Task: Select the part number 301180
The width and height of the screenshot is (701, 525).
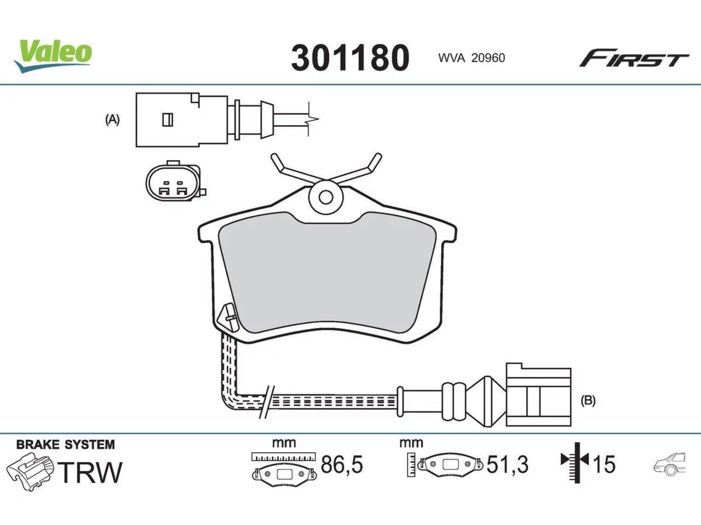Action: click(350, 58)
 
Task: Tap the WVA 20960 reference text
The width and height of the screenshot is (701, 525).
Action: click(472, 58)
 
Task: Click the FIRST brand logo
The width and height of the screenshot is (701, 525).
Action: click(634, 58)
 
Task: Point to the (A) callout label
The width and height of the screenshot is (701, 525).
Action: click(112, 120)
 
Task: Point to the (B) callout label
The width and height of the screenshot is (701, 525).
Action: click(588, 400)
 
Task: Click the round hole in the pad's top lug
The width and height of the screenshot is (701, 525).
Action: click(326, 197)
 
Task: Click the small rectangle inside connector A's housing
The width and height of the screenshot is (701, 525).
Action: click(168, 120)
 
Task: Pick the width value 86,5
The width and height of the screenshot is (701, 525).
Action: click(342, 464)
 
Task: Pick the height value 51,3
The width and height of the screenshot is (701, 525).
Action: click(508, 464)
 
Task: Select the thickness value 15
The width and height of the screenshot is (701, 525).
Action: click(604, 464)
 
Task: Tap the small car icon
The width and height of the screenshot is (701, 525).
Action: click(670, 464)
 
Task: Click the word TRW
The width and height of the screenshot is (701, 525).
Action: click(91, 472)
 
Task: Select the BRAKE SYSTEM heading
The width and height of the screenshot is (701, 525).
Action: click(66, 445)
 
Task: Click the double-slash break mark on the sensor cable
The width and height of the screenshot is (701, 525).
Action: click(266, 402)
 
